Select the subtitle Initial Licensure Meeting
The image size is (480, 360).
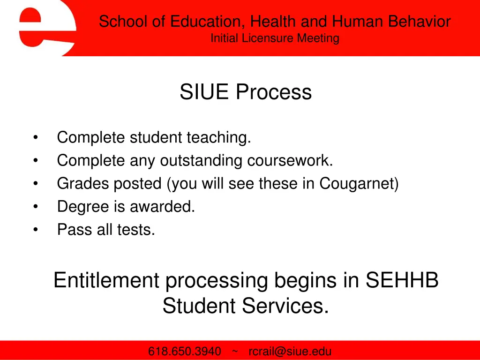(x=275, y=38)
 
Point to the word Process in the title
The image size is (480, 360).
(x=274, y=92)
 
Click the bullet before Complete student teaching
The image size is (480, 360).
(x=36, y=138)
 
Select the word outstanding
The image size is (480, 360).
(x=201, y=161)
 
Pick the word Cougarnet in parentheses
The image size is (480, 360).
(x=357, y=184)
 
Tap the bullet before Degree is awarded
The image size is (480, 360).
(x=36, y=207)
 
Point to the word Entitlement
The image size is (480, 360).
(x=106, y=281)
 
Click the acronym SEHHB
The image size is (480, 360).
(x=402, y=281)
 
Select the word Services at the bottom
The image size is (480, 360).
(x=285, y=306)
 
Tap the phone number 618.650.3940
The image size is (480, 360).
(x=185, y=352)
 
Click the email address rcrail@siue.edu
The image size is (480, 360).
(x=290, y=352)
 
